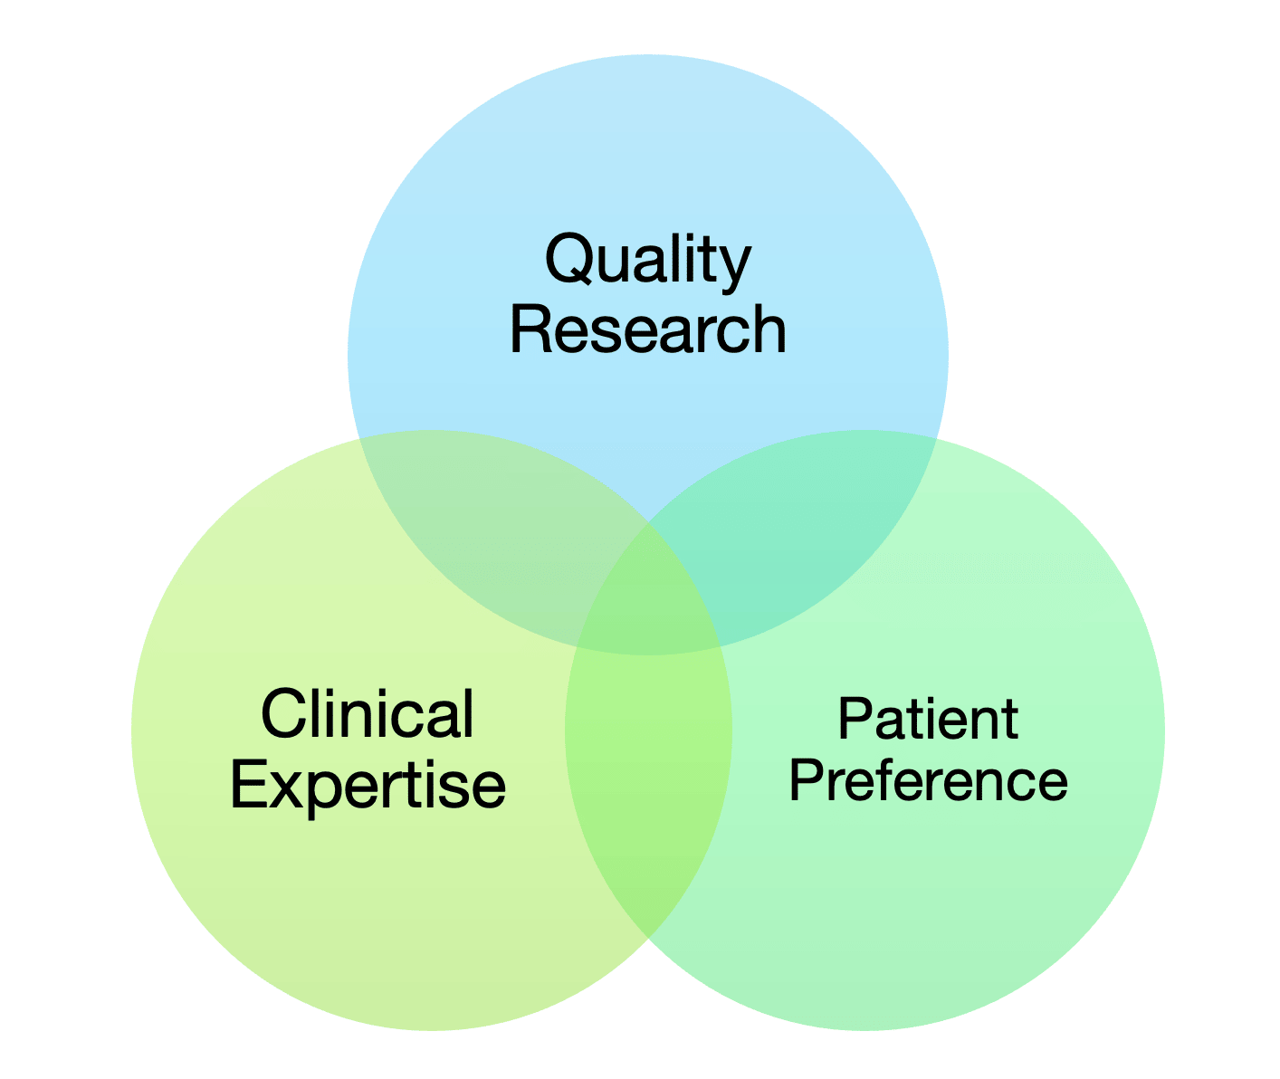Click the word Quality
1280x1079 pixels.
coord(647,260)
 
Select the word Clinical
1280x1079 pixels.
coord(367,714)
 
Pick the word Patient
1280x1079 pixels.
coord(928,719)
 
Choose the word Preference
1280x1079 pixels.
coord(928,780)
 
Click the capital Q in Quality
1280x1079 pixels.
coord(569,259)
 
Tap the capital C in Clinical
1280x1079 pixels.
coord(281,714)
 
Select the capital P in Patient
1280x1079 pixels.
coord(855,719)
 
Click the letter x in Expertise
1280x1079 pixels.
coord(288,787)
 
